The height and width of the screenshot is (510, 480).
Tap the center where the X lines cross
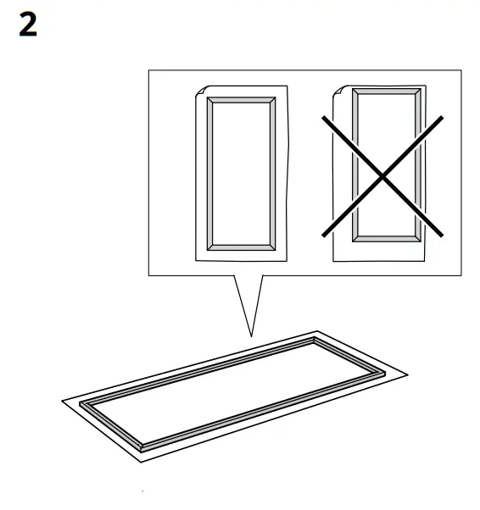point(382,175)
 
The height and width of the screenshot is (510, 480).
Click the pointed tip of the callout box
point(252,335)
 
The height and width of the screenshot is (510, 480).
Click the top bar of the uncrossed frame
point(241,100)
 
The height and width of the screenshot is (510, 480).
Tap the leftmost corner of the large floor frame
point(81,406)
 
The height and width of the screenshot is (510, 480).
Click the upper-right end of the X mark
point(442,117)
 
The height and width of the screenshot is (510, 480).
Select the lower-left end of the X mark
point(321,235)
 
